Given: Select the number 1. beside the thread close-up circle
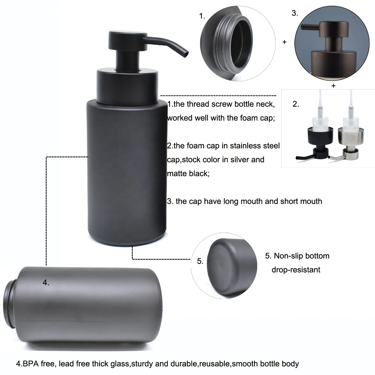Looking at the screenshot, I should (x=202, y=16).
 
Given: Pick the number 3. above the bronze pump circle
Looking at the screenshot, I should (x=295, y=13).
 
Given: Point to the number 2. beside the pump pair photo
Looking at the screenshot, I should (x=296, y=104).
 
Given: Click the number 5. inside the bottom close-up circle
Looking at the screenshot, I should (x=200, y=261).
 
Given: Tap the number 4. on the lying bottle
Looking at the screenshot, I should (x=46, y=282).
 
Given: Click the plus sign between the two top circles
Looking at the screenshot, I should (x=285, y=42).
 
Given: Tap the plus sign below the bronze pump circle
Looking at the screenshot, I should (x=333, y=86).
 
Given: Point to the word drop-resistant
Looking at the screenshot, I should (x=296, y=270).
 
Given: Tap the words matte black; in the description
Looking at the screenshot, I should (x=188, y=174).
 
